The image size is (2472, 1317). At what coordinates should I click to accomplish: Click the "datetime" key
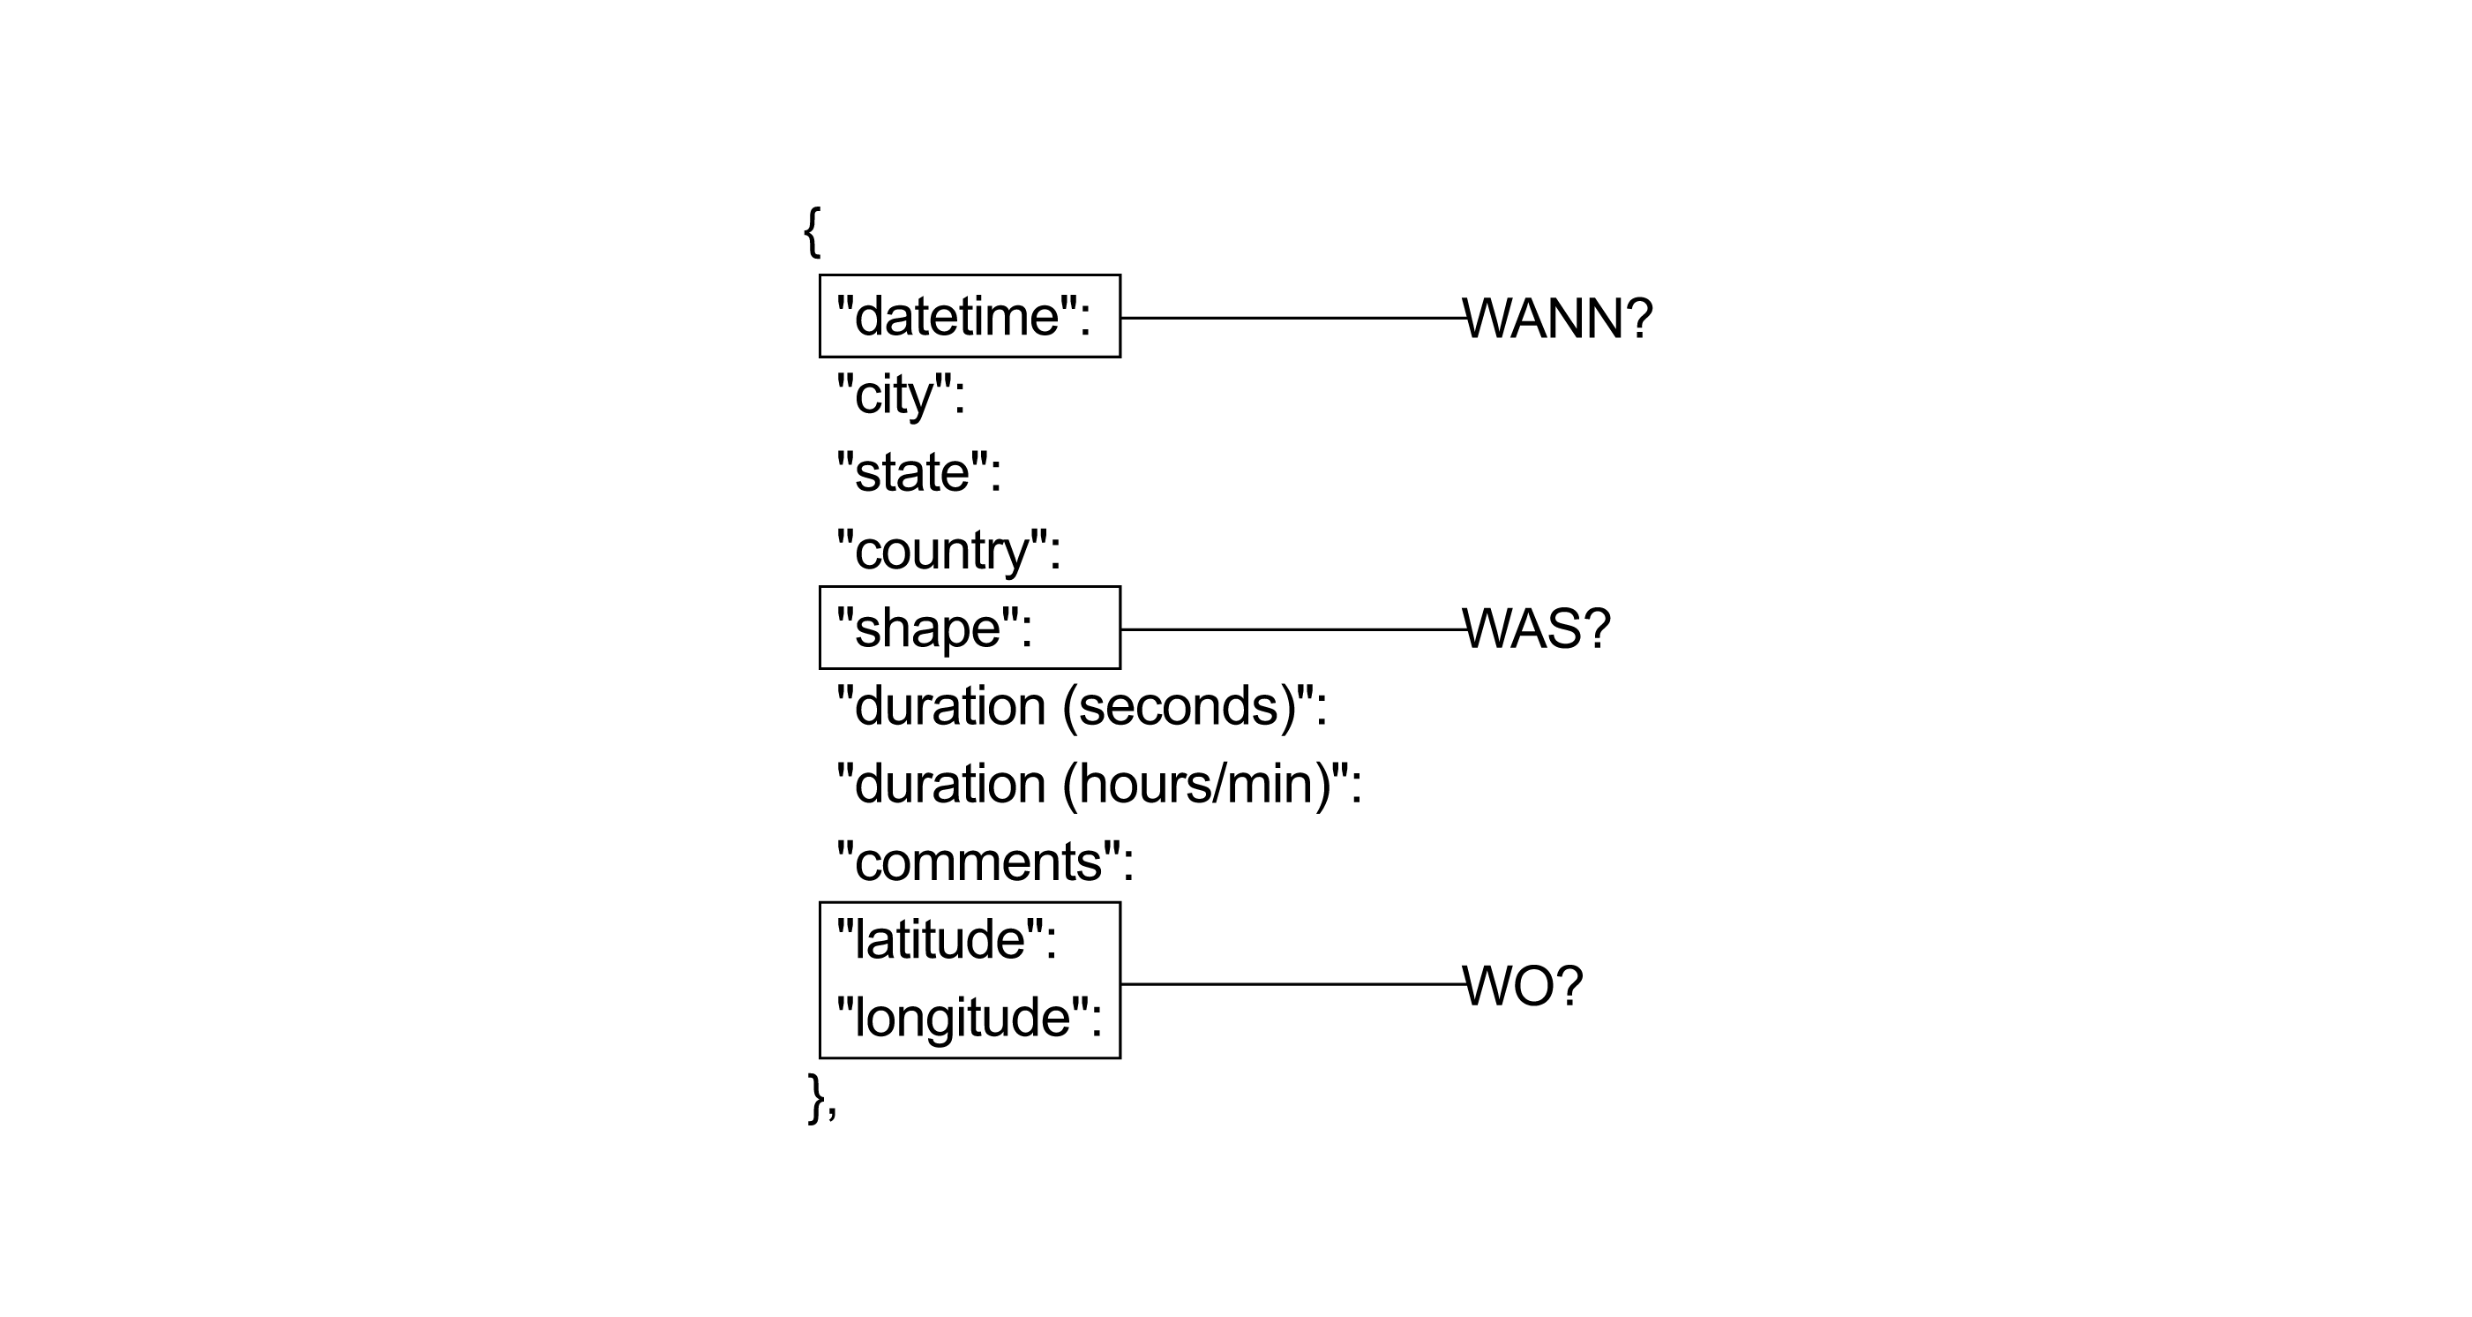[x=963, y=316]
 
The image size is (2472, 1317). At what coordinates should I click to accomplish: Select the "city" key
[x=900, y=395]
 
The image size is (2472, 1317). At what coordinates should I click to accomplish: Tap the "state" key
[x=918, y=472]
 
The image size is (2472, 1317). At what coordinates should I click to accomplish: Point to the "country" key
[x=948, y=551]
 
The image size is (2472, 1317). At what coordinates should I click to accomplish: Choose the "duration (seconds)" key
[x=1082, y=706]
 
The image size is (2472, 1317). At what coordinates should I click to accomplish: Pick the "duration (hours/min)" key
[x=1098, y=784]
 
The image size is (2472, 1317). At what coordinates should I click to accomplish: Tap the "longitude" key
[x=970, y=1018]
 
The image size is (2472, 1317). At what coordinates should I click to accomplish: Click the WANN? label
[x=1557, y=318]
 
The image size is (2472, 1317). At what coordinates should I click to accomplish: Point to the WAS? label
[x=1536, y=629]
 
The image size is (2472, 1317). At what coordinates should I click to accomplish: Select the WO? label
[x=1523, y=986]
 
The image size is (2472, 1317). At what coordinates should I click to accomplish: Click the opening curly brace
[x=812, y=232]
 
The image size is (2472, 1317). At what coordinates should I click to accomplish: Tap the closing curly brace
[x=818, y=1098]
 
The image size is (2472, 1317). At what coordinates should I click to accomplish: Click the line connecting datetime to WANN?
[x=1293, y=318]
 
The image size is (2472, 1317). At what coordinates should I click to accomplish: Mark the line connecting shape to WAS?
[x=1293, y=629]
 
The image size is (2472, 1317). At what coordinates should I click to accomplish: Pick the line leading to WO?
[x=1293, y=984]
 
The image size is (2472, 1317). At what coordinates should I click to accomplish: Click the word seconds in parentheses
[x=1180, y=706]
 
